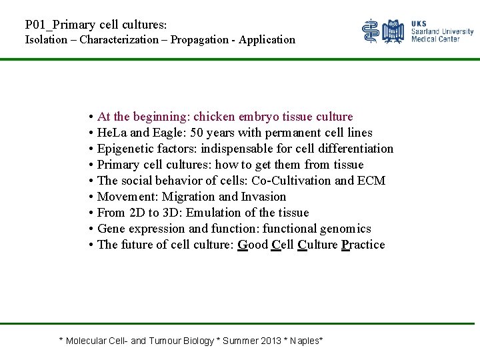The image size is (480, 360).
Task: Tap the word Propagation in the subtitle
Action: tap(199, 39)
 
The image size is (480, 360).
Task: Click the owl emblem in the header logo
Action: tap(394, 31)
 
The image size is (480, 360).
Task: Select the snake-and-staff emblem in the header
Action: tap(371, 31)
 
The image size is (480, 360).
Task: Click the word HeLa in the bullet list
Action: tap(111, 133)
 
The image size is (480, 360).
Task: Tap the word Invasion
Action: tap(263, 197)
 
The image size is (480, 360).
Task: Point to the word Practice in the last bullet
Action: tap(363, 245)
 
